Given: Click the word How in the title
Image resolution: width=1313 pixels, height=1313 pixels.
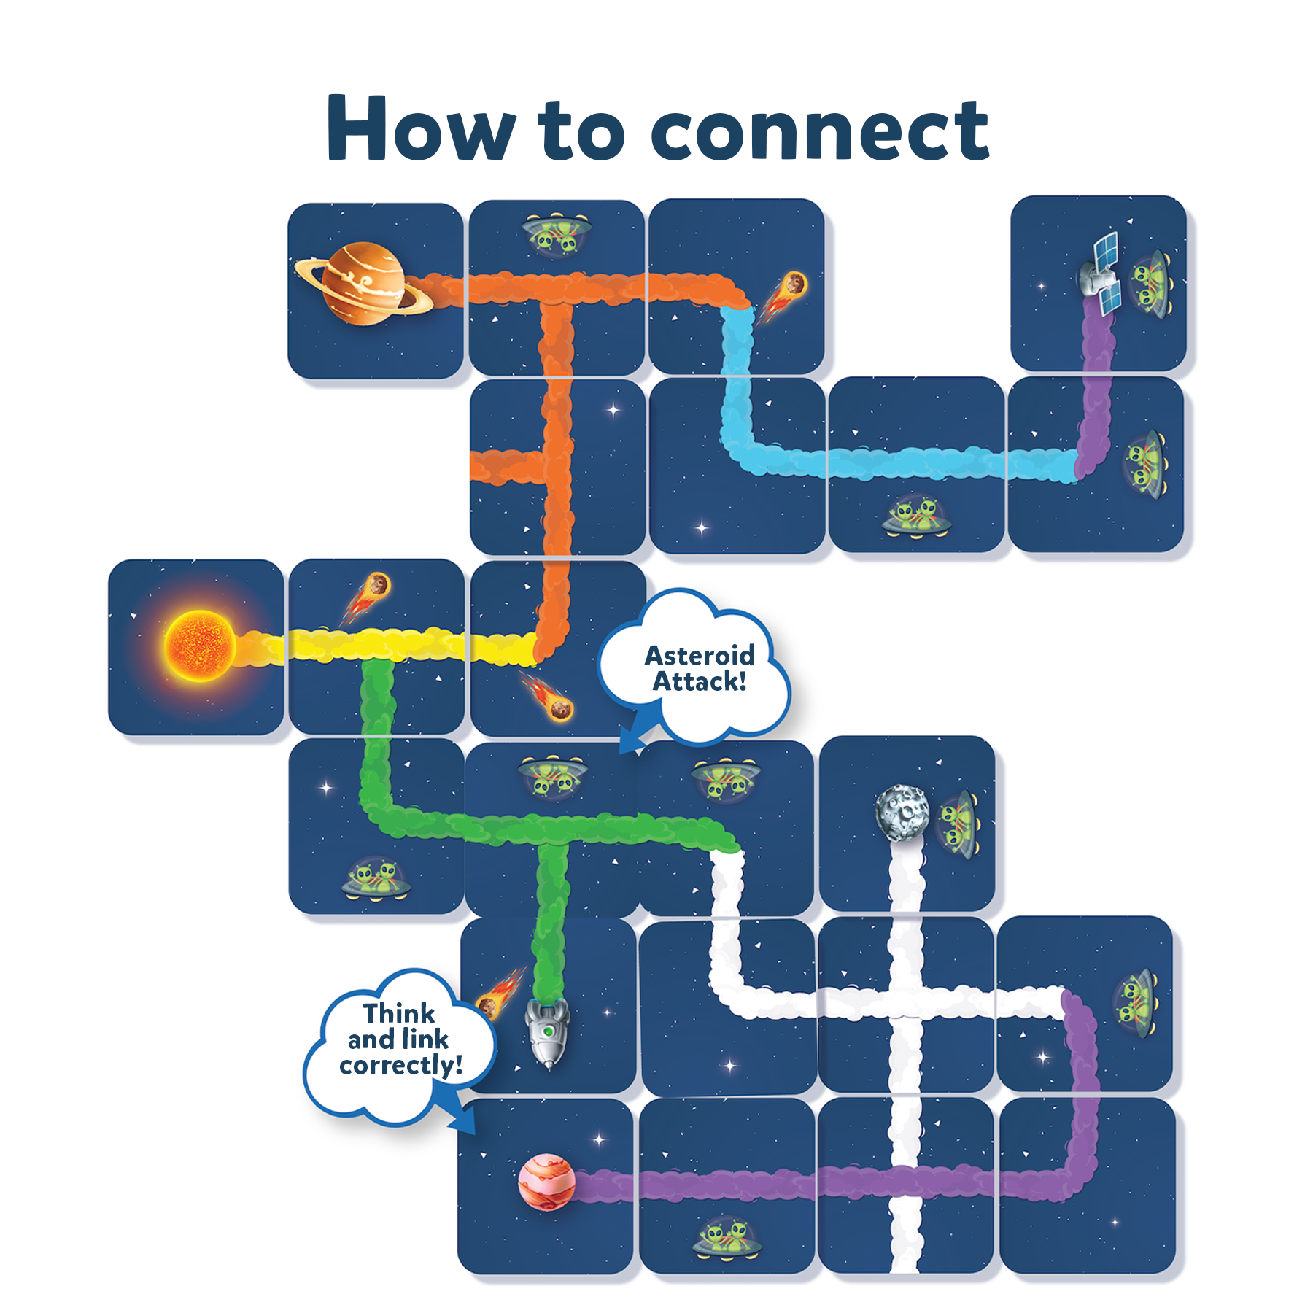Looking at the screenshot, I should pos(420,129).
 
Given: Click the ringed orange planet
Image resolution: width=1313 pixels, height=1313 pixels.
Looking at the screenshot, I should pos(363,283).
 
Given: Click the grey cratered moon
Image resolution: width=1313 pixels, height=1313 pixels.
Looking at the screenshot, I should pos(902,813).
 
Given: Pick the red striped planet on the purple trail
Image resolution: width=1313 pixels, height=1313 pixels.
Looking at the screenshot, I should pos(546,1182).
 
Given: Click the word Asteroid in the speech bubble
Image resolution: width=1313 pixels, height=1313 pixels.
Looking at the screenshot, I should pos(700,656).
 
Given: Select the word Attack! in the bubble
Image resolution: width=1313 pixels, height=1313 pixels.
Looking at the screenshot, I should pos(700,682).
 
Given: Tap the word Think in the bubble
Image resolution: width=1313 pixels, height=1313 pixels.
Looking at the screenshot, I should pos(399,1013).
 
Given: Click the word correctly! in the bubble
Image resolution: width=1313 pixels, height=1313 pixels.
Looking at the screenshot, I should pos(401,1066).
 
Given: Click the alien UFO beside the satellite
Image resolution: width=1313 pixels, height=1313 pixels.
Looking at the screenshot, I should pos(1150,281).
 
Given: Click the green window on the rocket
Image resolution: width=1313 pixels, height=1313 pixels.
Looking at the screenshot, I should pos(548,1031).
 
